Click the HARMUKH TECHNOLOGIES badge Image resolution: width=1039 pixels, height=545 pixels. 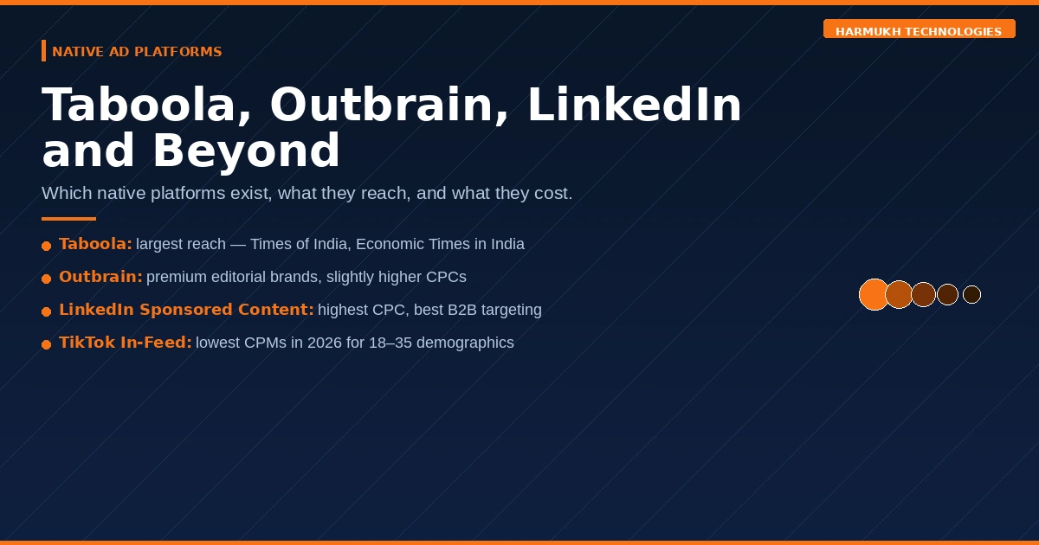pos(919,29)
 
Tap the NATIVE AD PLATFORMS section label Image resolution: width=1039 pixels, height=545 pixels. pos(137,51)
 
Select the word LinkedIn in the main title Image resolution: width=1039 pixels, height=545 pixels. pos(634,105)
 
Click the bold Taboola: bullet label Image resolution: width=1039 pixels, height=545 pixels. pos(95,244)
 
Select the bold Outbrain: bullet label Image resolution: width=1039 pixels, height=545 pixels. pos(100,277)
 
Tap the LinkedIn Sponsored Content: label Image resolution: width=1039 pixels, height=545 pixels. pos(186,310)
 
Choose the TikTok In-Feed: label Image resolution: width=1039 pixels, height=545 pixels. pos(126,343)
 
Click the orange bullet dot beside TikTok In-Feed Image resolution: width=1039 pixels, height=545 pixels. pos(47,344)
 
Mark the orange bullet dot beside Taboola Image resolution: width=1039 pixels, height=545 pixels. pos(47,246)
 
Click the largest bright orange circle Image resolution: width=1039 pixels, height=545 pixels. pos(874,294)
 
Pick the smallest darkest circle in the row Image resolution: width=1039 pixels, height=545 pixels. pos(971,294)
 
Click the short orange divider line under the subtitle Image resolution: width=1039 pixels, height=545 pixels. pos(68,219)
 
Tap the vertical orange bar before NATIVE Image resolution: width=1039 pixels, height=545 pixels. pos(43,50)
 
